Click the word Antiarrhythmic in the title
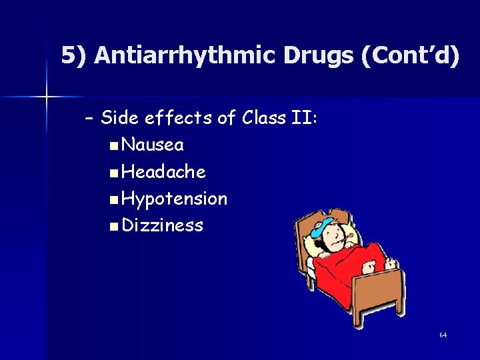click(x=185, y=56)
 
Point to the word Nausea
click(x=153, y=145)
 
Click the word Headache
click(x=164, y=171)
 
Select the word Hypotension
click(x=175, y=198)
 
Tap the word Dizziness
click(x=163, y=225)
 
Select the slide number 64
click(x=443, y=335)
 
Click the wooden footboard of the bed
click(x=380, y=293)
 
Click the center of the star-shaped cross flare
click(x=47, y=97)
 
